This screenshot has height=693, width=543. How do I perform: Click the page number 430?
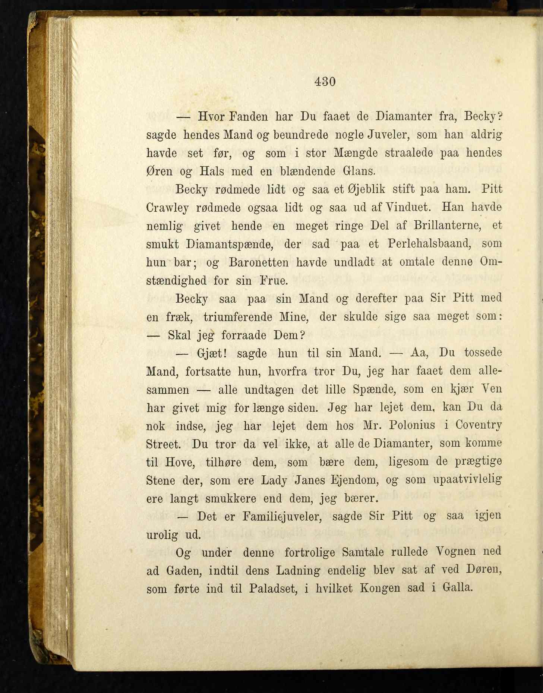[325, 81]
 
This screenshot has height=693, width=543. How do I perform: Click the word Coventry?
[479, 425]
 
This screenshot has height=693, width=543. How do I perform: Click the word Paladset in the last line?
[273, 589]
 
